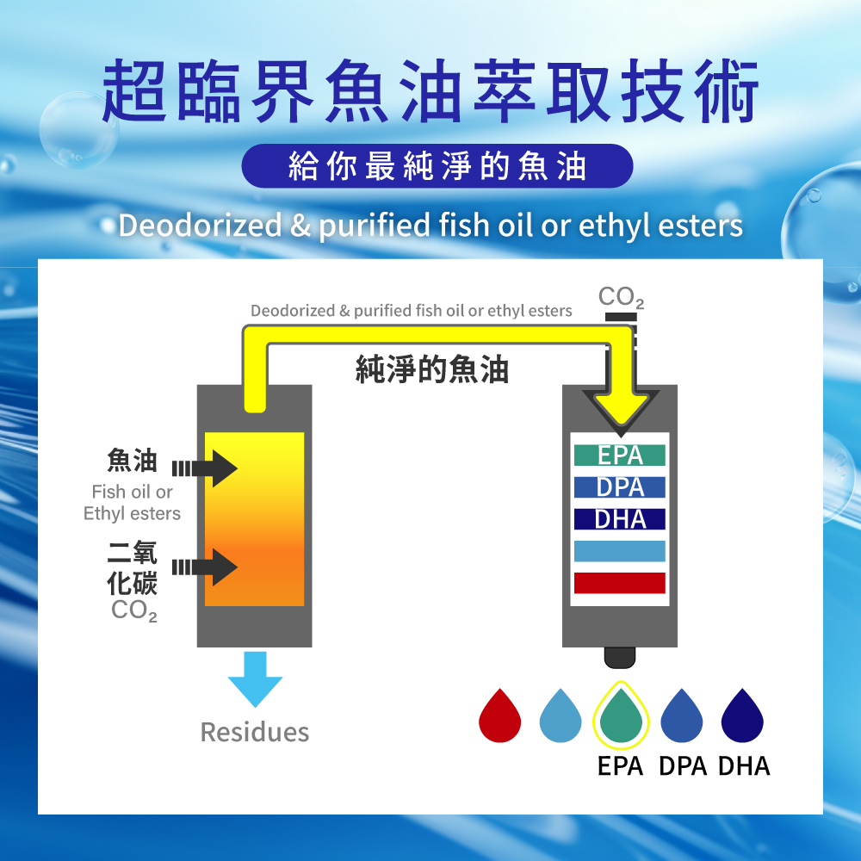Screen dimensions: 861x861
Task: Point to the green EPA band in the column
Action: coord(620,455)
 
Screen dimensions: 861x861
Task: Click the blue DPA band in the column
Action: coord(620,487)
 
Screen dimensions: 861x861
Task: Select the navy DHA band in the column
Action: coord(620,519)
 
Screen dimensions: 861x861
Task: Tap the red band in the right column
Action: coord(620,583)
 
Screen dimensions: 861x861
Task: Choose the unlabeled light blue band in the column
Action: coord(620,551)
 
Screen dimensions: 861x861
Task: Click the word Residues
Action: coord(254,733)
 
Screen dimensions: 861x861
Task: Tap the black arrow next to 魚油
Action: coord(206,468)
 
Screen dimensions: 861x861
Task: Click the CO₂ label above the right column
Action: coord(621,299)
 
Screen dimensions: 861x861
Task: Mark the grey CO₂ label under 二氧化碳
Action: coord(134,611)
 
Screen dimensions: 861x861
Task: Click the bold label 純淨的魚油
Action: coord(432,369)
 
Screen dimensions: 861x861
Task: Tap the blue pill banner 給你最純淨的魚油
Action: coord(437,166)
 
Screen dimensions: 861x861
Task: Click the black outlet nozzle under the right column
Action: coord(620,657)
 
